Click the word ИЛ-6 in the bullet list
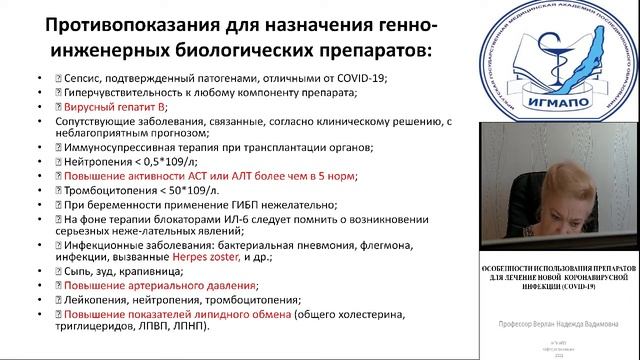click(x=221, y=217)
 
